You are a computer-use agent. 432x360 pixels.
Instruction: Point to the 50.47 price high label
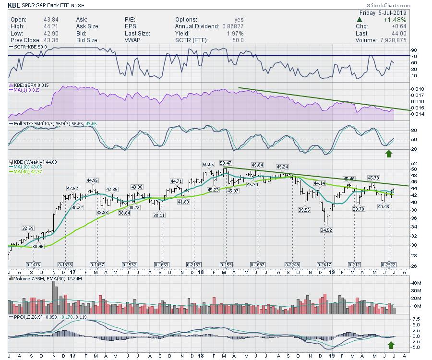pos(226,163)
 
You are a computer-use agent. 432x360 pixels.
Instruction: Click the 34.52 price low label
pos(326,230)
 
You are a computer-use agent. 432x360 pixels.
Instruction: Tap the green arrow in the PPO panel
pos(392,345)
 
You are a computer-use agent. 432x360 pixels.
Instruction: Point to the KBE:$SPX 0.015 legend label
pos(29,84)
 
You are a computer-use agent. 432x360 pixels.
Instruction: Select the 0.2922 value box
pos(388,264)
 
